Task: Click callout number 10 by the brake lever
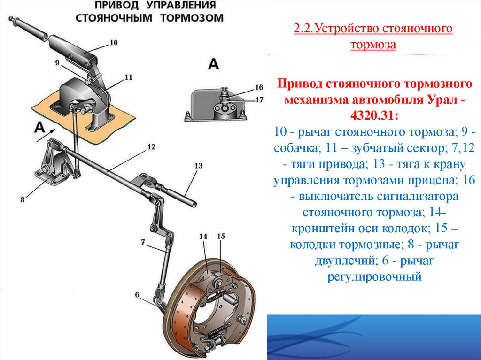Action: click(113, 43)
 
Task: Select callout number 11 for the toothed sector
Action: click(128, 77)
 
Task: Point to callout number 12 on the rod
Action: click(151, 146)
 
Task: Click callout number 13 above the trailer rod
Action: click(198, 165)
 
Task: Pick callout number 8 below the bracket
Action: click(22, 199)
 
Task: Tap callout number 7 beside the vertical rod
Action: click(143, 242)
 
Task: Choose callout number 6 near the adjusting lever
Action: click(137, 295)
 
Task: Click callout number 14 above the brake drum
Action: click(203, 237)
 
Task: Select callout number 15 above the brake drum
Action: click(221, 237)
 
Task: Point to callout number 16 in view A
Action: click(259, 87)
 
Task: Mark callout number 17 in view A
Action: click(259, 99)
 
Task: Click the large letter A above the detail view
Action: click(213, 64)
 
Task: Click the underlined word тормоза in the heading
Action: click(373, 45)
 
